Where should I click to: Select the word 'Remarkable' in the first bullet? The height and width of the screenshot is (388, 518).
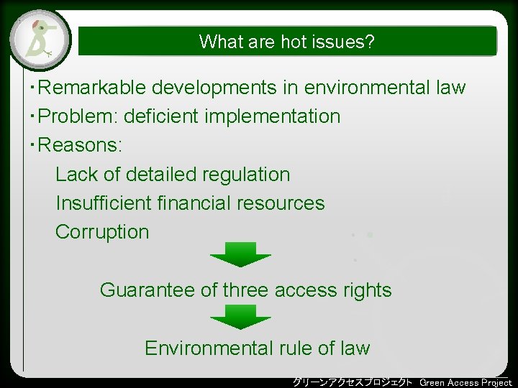[91, 88]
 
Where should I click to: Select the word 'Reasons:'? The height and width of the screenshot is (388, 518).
[80, 145]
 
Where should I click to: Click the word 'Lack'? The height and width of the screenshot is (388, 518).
[77, 175]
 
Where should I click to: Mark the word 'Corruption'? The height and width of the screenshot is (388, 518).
[102, 232]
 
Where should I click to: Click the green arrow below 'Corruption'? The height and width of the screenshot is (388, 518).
[240, 254]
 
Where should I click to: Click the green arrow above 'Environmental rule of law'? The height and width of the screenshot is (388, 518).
[240, 316]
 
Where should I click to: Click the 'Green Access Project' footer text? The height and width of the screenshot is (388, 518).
[465, 382]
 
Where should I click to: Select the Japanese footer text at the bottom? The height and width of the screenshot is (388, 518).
[353, 382]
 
